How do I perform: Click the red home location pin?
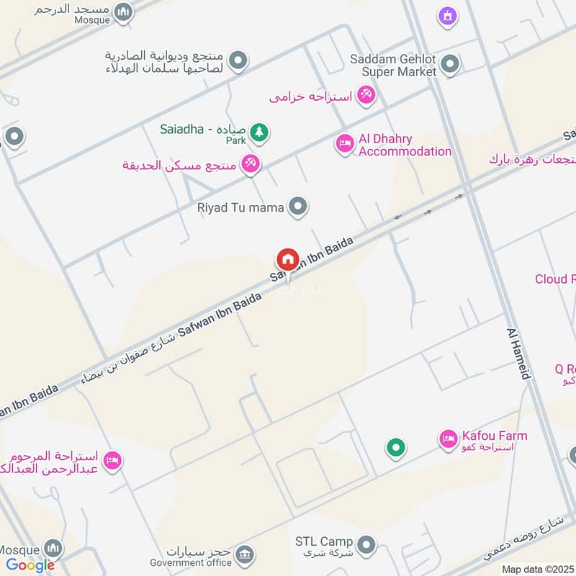tap(287, 259)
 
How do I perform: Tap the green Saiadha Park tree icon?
tap(260, 132)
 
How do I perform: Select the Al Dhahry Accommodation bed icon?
tap(345, 145)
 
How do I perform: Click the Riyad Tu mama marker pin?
tap(297, 207)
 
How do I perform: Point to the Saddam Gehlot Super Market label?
tap(393, 66)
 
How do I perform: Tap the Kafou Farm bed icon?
tap(449, 438)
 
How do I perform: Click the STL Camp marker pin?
tap(366, 542)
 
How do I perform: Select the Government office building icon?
tap(245, 554)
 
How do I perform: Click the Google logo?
tap(30, 566)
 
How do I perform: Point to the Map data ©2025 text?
tap(537, 569)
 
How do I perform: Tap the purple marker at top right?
tap(448, 15)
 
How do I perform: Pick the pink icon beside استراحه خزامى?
tap(366, 95)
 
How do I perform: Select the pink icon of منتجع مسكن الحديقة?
tap(251, 163)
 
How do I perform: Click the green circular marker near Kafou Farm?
tap(395, 449)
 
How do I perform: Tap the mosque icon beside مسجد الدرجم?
tap(124, 12)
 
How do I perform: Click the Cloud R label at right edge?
tap(555, 279)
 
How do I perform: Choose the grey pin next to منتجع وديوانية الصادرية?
tap(238, 61)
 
